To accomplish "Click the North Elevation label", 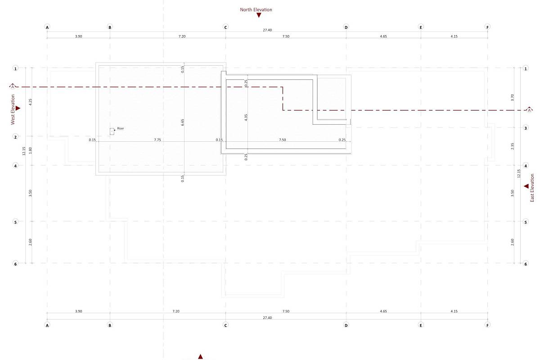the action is [x=256, y=9].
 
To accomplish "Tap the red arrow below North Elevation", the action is [x=259, y=15].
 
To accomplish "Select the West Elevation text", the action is [x=13, y=109].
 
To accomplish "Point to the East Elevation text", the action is [x=532, y=188].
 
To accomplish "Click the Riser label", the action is [x=120, y=128].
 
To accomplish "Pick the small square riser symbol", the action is [x=112, y=131].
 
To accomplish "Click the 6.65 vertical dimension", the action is [x=183, y=122].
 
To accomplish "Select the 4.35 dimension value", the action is [x=246, y=117].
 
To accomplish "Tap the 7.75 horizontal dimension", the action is [x=157, y=140].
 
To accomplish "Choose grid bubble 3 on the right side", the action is [x=526, y=128].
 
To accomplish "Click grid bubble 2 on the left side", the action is [x=16, y=137].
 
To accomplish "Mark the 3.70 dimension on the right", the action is [x=512, y=97].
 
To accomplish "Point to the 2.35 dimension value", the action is [x=512, y=146].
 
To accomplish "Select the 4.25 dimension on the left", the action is [x=31, y=102].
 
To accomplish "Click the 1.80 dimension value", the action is [x=31, y=150].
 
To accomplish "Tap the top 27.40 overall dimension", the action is [x=267, y=30].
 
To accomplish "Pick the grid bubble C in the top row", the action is [x=225, y=27].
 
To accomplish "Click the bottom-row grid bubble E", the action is [x=421, y=325].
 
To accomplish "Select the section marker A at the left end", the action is [x=13, y=86].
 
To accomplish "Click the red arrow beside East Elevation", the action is [x=526, y=186].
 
